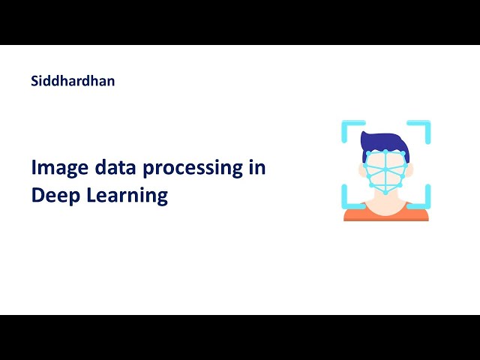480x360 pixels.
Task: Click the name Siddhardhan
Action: coord(73,80)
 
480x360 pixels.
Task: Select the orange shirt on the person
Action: coord(385,216)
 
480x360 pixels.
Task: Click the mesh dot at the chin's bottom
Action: coord(385,193)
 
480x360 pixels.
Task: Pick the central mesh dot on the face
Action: coord(385,169)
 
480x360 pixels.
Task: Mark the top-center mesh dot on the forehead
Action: coord(385,150)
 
